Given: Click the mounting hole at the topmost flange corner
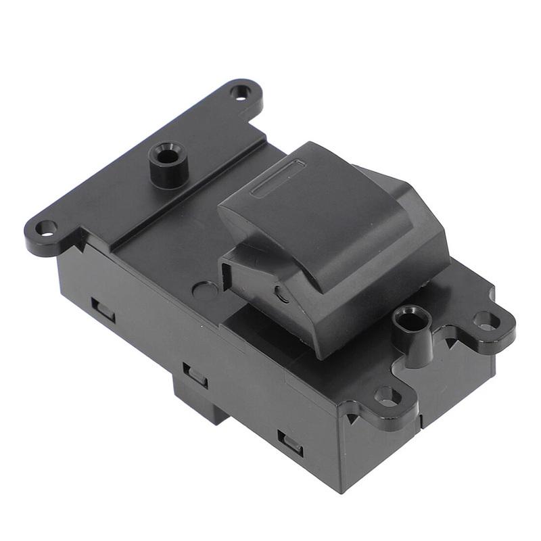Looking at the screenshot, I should coord(239,91).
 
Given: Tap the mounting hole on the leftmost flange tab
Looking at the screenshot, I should coord(46,227).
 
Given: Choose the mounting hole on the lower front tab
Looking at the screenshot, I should coord(387,396).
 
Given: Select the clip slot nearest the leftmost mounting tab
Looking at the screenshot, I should coord(103,310).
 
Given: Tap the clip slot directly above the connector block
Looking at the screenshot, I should coord(195,374).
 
